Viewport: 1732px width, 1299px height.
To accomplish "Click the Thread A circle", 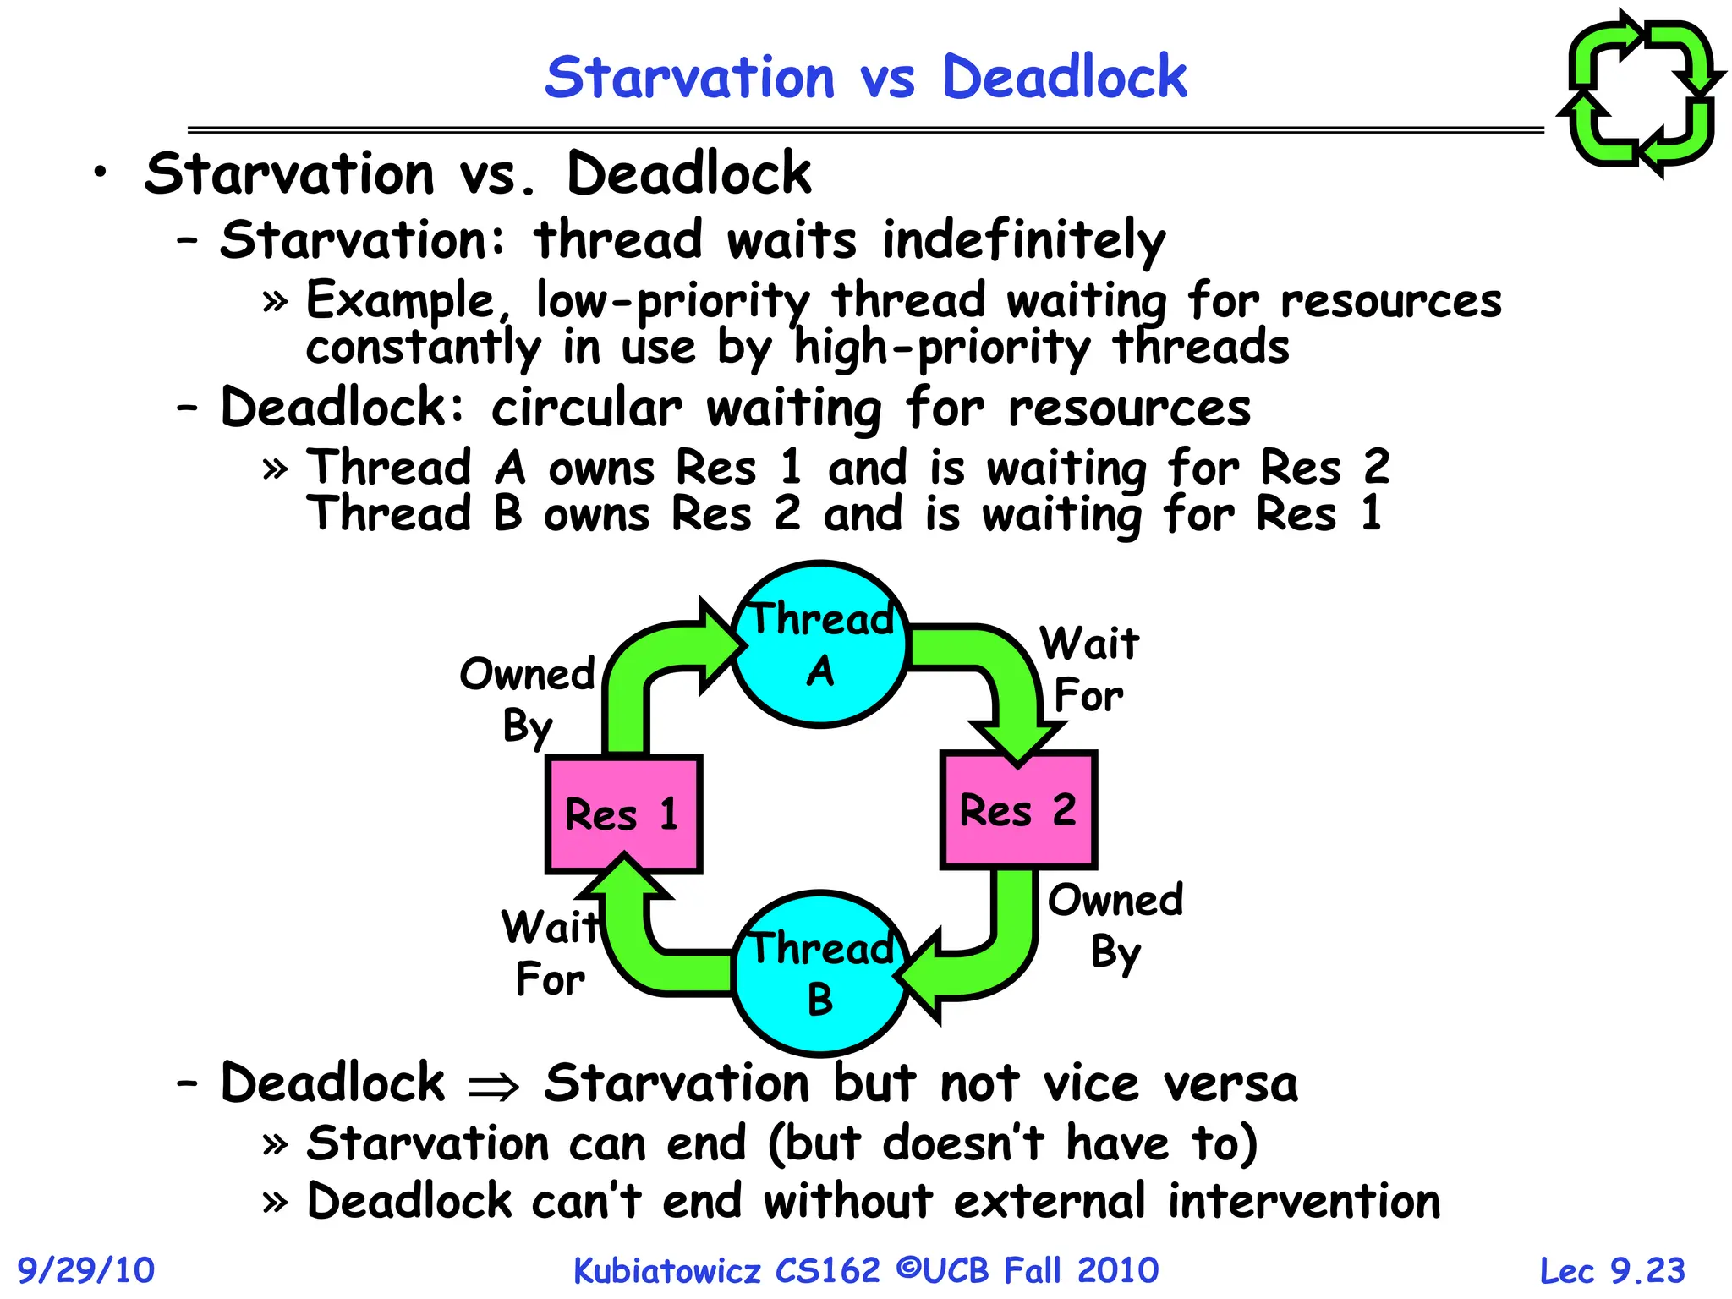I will pos(819,644).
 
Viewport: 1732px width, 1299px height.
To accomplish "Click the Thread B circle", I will pos(819,973).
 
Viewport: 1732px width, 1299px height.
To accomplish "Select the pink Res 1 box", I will pos(624,814).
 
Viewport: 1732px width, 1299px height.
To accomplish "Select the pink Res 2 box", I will pos(1018,809).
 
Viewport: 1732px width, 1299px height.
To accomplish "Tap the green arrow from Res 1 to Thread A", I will pos(643,668).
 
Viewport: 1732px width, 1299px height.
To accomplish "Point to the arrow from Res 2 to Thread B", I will pos(998,956).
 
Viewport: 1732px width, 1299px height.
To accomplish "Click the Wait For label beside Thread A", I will pos(1089,669).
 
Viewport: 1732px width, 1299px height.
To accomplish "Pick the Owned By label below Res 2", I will pos(1115,926).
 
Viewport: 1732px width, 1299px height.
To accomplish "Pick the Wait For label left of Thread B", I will pos(551,953).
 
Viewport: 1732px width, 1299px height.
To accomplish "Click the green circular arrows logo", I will pos(1641,93).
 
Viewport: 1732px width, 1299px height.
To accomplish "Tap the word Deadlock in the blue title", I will pos(1064,77).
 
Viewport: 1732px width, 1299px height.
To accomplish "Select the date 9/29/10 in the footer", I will pos(86,1270).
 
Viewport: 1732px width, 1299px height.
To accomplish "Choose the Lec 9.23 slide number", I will pos(1612,1270).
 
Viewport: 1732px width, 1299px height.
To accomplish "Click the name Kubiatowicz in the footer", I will pos(667,1270).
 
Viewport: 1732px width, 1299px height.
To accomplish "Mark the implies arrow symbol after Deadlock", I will pos(494,1086).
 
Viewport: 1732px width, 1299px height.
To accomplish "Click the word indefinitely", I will pos(1023,240).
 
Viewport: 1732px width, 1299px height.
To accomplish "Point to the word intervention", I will pos(1303,1201).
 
